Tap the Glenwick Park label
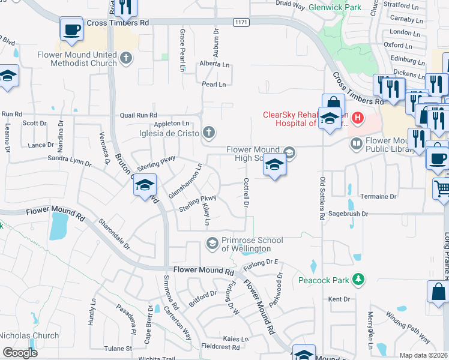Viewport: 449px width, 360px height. tap(335, 8)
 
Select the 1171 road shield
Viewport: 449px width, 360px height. tap(241, 22)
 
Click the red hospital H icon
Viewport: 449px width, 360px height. tap(357, 117)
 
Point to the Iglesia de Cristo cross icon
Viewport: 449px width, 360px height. tap(208, 132)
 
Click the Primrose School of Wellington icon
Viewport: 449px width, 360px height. tap(211, 243)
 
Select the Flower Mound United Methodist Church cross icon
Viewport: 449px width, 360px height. tap(125, 58)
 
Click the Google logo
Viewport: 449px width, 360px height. tap(20, 352)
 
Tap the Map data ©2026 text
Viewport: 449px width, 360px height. tap(423, 355)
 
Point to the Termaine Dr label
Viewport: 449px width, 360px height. tap(378, 196)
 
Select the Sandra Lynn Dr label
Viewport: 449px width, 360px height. tap(69, 160)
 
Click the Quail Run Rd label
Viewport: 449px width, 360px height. tap(138, 115)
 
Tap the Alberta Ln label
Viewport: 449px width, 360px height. tap(215, 64)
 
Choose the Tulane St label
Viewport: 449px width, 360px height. tap(117, 348)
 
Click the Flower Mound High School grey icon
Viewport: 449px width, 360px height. tap(289, 152)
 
